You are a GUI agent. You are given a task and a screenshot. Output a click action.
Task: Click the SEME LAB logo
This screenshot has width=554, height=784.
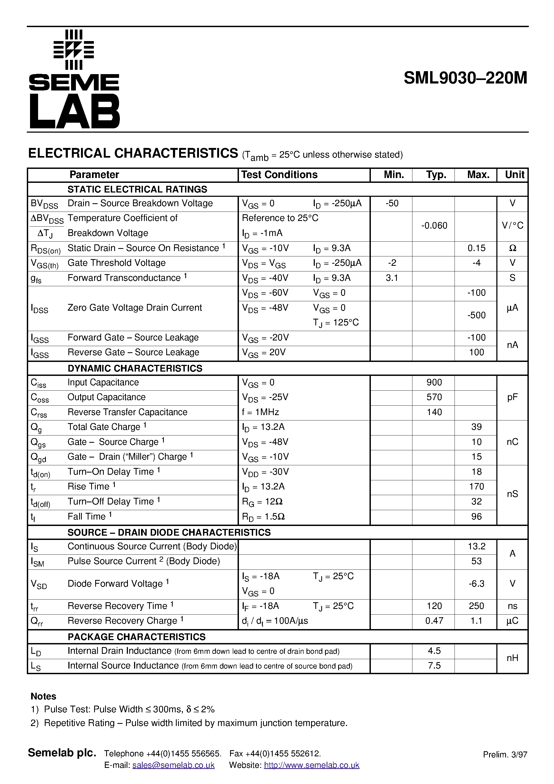(x=74, y=79)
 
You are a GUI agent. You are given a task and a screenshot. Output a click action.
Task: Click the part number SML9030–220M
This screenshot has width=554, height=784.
(x=465, y=78)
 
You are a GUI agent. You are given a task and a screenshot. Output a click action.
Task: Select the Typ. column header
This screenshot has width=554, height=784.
(x=436, y=175)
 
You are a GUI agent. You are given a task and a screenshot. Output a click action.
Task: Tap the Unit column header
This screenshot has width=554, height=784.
(x=514, y=175)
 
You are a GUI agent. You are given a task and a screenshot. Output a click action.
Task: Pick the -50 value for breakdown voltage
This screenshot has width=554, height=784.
(x=392, y=204)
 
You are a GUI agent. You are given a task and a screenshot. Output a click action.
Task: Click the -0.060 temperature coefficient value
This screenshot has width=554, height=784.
(x=434, y=226)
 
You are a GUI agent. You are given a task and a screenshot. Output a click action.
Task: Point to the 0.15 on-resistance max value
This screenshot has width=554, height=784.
(x=476, y=248)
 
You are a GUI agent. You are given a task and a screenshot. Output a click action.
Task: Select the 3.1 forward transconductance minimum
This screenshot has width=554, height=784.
(x=392, y=278)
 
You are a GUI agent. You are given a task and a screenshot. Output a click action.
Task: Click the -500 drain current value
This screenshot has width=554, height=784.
(x=476, y=315)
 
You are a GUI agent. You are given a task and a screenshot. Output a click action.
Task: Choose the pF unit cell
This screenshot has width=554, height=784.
(x=512, y=397)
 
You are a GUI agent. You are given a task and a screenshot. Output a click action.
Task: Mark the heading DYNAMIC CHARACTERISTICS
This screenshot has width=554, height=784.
(x=135, y=368)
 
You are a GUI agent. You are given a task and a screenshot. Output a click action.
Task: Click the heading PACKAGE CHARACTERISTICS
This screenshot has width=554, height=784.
(x=136, y=637)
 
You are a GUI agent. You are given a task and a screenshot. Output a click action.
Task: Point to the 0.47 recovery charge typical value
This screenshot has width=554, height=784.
(x=434, y=621)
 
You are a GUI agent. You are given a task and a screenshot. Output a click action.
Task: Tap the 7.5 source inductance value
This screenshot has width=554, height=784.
(x=434, y=666)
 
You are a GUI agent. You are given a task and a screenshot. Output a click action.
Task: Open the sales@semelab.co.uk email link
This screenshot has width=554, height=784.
(x=173, y=765)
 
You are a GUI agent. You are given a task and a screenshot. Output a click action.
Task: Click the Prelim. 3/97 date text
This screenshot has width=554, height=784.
(x=505, y=755)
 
